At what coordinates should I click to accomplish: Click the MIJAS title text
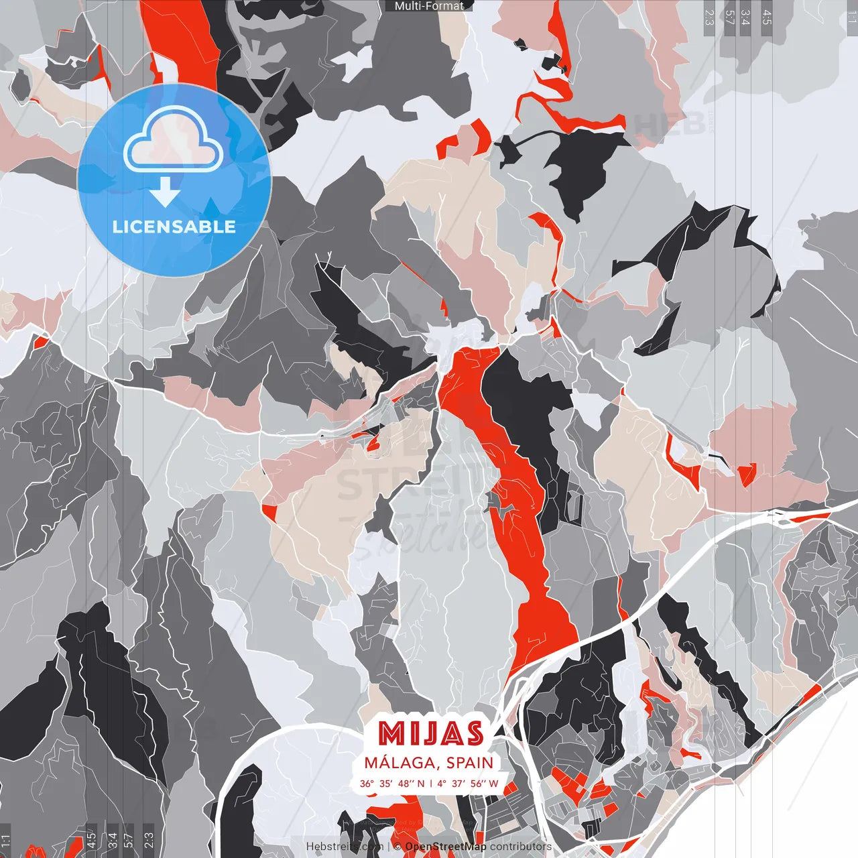pyautogui.click(x=430, y=734)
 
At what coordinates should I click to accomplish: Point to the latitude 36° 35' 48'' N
pyautogui.click(x=391, y=784)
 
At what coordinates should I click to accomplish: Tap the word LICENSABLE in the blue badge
pyautogui.click(x=174, y=227)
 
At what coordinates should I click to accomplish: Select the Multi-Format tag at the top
pyautogui.click(x=429, y=6)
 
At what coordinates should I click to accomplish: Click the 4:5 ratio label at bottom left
pyautogui.click(x=90, y=841)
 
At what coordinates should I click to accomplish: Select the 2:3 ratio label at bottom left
pyautogui.click(x=149, y=841)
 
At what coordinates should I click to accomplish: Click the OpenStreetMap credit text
pyautogui.click(x=445, y=847)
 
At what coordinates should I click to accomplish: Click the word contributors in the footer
pyautogui.click(x=521, y=847)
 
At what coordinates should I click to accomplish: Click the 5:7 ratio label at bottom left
pyautogui.click(x=129, y=841)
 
